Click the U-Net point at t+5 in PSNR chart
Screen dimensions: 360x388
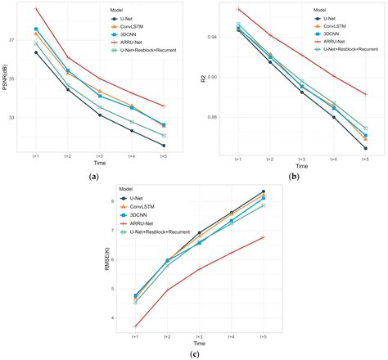164,146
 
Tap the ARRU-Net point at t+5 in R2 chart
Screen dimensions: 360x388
365,95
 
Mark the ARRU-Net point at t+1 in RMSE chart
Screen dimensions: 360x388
135,326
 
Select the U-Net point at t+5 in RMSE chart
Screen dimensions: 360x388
263,191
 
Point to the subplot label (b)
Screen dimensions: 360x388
293,178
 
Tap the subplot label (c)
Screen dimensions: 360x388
194,353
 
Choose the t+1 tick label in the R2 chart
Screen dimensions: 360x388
237,158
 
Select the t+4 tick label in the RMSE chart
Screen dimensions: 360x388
231,336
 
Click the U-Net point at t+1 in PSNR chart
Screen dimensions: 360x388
36,52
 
